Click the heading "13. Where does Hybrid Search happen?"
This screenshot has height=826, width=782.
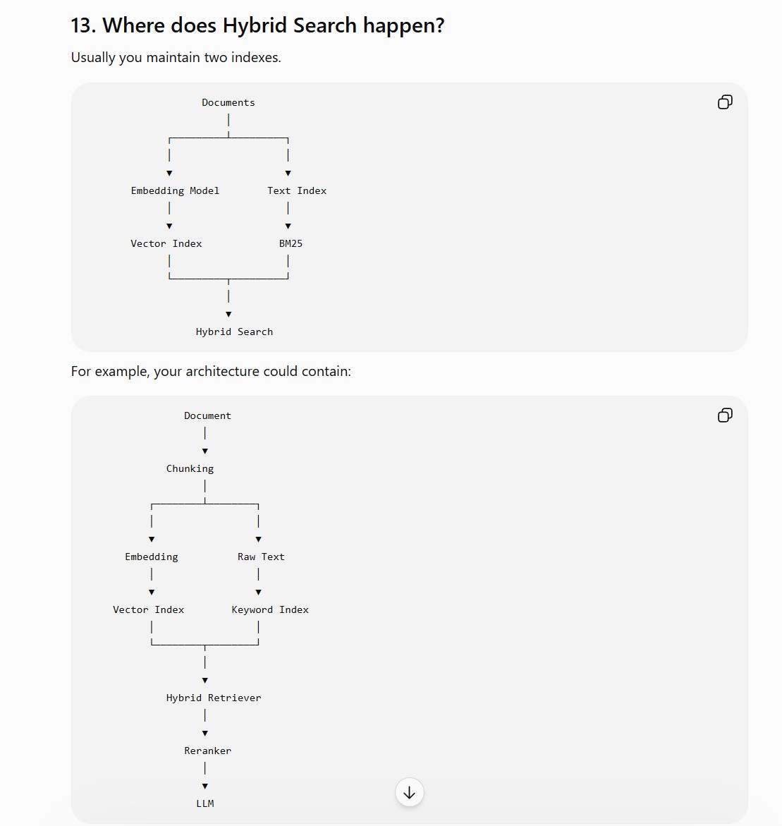pos(257,25)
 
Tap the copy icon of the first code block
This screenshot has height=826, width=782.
pos(725,102)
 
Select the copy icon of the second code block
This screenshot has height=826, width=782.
pos(725,415)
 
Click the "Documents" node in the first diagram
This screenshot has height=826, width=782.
pos(228,103)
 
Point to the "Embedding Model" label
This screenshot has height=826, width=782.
pos(175,190)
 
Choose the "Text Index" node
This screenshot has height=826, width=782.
pos(296,190)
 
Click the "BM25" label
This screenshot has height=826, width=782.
pos(291,243)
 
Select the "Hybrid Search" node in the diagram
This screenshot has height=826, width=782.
pos(234,332)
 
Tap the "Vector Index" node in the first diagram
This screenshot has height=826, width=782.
pos(166,243)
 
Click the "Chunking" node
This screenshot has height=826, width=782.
pos(190,469)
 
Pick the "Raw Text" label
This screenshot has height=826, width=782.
pos(261,557)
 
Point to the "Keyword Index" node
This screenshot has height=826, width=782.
pos(270,609)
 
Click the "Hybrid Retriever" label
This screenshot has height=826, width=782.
pos(214,698)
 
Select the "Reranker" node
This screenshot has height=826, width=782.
pos(207,751)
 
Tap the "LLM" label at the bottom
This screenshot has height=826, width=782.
pos(205,803)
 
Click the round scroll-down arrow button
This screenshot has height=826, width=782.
pos(410,792)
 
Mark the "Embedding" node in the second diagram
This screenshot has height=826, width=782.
pos(152,557)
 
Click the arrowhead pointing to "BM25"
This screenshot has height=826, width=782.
pos(288,226)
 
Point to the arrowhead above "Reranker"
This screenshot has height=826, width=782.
pos(205,734)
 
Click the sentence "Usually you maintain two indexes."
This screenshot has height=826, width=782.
pos(176,57)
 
